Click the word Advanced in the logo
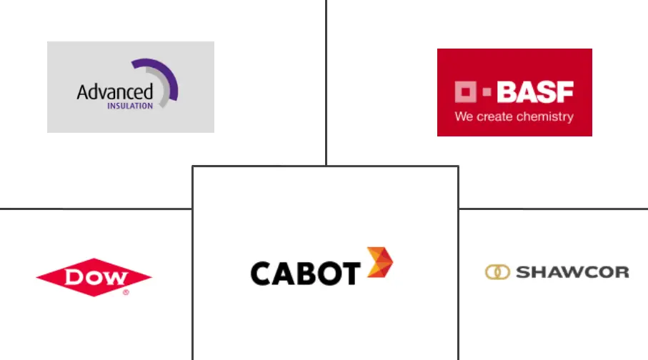tap(114, 92)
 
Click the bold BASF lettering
tap(535, 92)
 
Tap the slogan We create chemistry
tap(514, 116)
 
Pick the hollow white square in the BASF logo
tap(465, 92)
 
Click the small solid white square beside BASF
tap(487, 92)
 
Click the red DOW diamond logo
tap(94, 276)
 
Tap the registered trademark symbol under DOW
tap(126, 292)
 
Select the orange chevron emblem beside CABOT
tap(379, 263)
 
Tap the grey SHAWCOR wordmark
tap(572, 272)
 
